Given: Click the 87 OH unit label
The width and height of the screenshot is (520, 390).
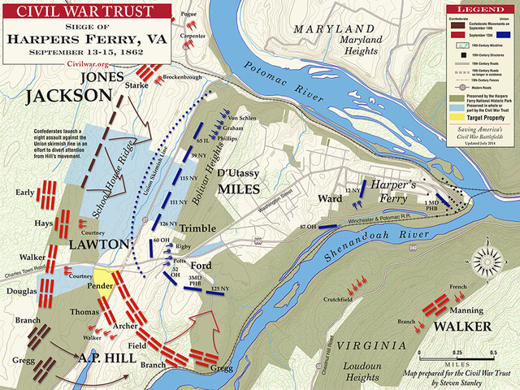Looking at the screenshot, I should pyautogui.click(x=308, y=225).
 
